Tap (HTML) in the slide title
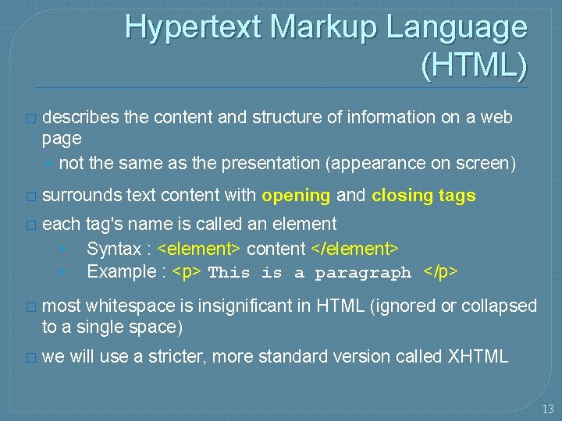coord(474,65)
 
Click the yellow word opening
coord(297,196)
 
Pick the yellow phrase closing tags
coord(423,196)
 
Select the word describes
coord(80,118)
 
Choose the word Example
coord(121,272)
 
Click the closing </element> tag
coord(355,249)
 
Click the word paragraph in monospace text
coord(363,274)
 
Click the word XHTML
coord(478,357)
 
